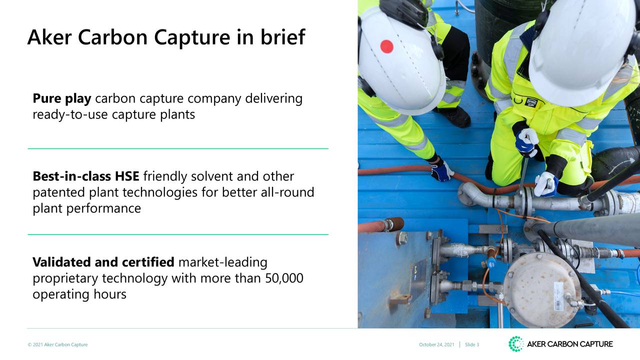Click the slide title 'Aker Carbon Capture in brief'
coord(165,37)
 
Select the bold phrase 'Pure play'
coord(61,99)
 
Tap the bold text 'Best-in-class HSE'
coord(85,176)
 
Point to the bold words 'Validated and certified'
coord(103,262)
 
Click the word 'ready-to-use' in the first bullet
coord(70,115)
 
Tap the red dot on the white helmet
coord(386,46)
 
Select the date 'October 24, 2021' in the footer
coord(436,344)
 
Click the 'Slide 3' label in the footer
coord(472,344)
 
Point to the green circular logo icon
coord(515,344)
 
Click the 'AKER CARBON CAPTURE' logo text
coord(569,344)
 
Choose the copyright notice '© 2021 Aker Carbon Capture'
coord(57,344)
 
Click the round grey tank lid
coord(535,282)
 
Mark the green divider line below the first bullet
coord(177,148)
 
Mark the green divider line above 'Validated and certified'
coord(177,234)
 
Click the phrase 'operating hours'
coord(79,294)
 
